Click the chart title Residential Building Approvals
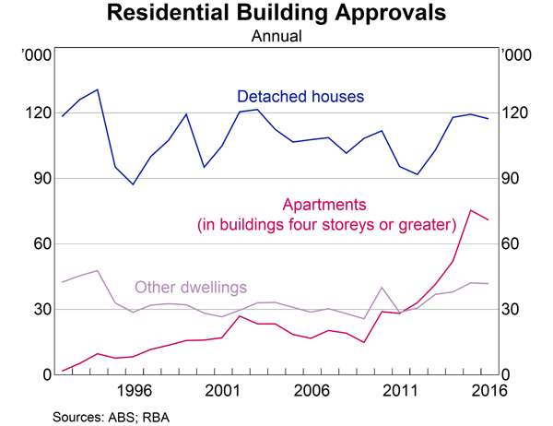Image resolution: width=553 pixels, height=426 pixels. tap(276, 15)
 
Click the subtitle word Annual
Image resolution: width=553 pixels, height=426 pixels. tap(276, 37)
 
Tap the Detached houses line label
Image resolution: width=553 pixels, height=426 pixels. tap(301, 96)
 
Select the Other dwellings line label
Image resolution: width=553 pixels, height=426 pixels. tap(191, 286)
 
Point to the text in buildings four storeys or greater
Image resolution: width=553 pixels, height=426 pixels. tap(327, 224)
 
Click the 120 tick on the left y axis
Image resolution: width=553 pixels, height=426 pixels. tap(37, 112)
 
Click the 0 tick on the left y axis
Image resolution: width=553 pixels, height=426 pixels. tap(44, 374)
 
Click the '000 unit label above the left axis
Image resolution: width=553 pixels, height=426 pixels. tap(36, 56)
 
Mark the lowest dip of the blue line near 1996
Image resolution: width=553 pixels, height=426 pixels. tap(133, 184)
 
